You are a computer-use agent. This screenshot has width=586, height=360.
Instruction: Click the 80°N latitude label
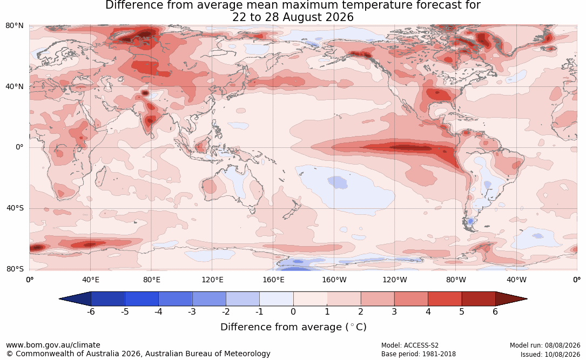click(x=14, y=26)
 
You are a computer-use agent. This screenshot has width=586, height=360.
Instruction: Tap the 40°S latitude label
click(x=15, y=208)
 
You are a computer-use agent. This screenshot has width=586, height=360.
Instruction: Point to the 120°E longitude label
click(x=212, y=280)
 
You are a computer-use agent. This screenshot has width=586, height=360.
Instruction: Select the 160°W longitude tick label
click(x=334, y=280)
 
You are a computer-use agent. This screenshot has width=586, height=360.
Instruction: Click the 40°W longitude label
click(x=516, y=280)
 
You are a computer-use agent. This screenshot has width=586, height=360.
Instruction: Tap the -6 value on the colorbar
click(x=91, y=311)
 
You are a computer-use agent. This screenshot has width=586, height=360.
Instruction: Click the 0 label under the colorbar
click(x=293, y=311)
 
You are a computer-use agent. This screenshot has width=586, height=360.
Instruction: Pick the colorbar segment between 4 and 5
click(x=444, y=299)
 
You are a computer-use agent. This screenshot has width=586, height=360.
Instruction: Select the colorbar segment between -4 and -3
click(x=176, y=299)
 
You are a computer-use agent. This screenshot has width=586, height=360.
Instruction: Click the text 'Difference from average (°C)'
click(x=293, y=327)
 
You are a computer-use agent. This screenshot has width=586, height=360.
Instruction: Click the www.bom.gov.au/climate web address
click(x=53, y=345)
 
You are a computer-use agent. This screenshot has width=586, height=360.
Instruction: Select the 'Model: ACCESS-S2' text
click(x=409, y=345)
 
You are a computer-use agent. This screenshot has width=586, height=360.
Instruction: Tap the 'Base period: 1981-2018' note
click(x=419, y=354)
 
